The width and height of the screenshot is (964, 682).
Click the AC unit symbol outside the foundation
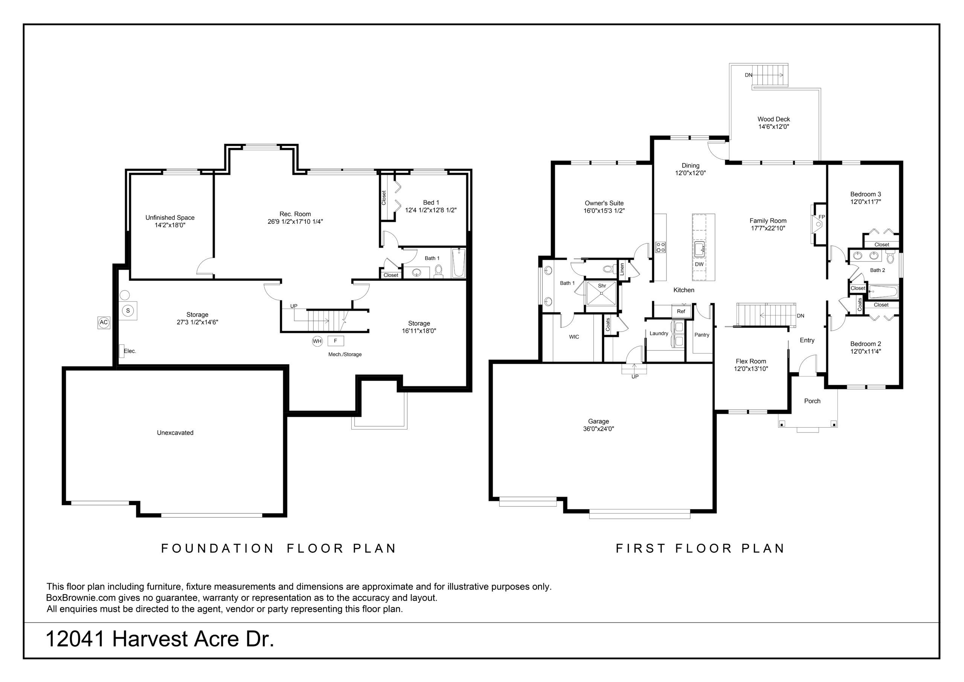click(104, 322)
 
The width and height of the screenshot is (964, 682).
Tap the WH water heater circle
click(317, 341)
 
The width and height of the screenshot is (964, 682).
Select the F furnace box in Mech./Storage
click(336, 341)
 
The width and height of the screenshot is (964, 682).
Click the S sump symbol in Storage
click(128, 310)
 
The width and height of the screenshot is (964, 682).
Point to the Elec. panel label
click(130, 351)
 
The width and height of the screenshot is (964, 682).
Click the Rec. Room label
click(295, 214)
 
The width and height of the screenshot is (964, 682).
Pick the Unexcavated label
click(175, 433)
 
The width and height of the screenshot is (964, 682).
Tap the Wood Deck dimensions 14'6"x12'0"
click(773, 127)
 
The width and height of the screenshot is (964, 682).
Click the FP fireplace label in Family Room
click(822, 217)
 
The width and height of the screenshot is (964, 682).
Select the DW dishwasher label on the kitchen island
click(699, 264)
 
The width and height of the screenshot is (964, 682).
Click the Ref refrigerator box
click(681, 311)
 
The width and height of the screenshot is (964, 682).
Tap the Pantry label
click(702, 335)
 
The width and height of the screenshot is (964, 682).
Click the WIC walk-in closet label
click(574, 336)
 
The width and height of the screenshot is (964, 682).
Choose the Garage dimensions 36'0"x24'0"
click(598, 429)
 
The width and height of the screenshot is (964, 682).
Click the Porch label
click(812, 401)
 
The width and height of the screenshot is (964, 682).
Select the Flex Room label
click(751, 361)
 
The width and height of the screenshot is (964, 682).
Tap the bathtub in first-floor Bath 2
click(883, 291)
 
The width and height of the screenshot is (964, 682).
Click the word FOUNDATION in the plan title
click(218, 548)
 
